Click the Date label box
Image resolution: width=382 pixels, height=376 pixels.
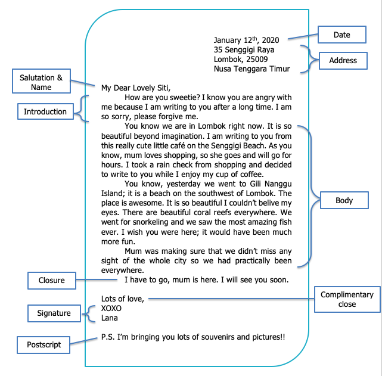point(342,35)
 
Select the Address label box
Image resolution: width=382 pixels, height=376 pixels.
point(343,60)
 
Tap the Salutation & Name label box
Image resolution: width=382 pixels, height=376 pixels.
point(41,81)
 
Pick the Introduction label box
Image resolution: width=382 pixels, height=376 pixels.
point(45,111)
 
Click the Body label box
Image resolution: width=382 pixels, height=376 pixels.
point(344,200)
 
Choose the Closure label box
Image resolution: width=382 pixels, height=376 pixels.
point(52,281)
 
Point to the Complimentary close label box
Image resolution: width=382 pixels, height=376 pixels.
point(347,299)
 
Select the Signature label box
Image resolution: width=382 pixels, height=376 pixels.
point(54,313)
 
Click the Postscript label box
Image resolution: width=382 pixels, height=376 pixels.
point(44,345)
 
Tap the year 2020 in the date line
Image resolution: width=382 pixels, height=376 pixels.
point(271,40)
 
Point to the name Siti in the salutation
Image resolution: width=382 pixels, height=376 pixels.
point(164,88)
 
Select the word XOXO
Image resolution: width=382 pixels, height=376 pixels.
point(111,309)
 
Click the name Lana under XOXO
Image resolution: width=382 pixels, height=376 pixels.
point(110,318)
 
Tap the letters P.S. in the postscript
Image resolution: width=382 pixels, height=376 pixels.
point(108,337)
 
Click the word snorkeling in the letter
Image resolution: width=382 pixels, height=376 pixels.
point(151,222)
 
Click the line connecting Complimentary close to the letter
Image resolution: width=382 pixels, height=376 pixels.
point(231,299)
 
